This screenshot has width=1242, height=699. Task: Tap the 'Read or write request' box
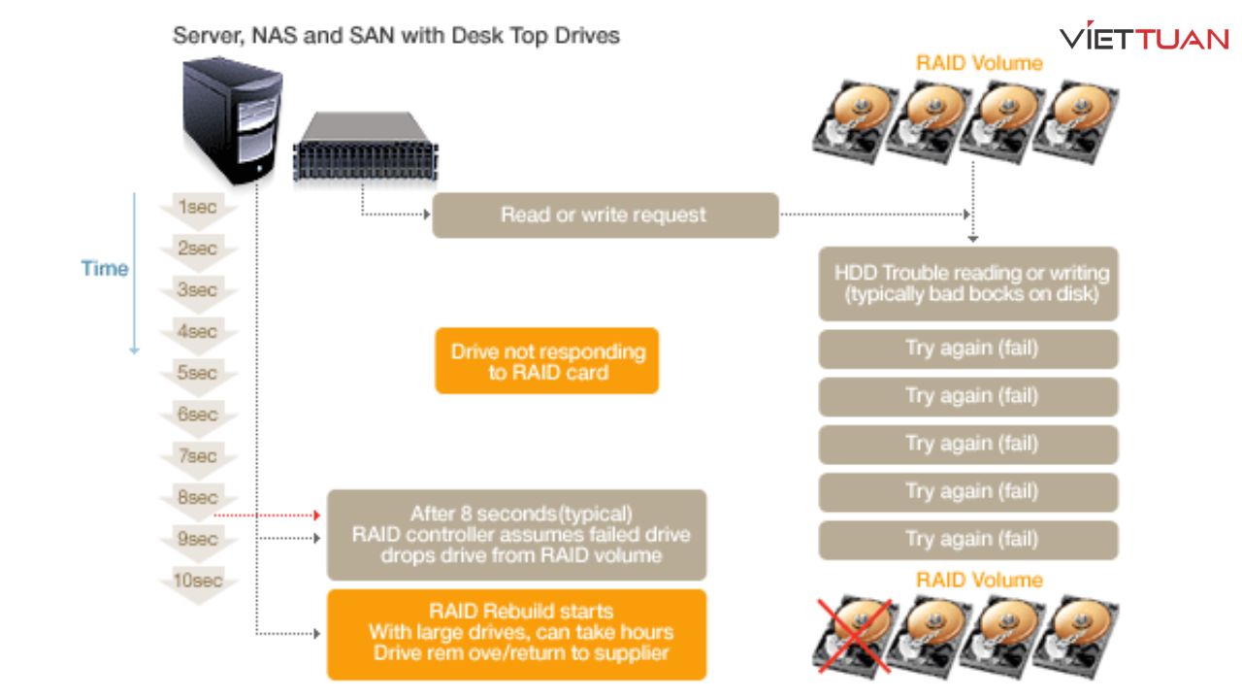605,215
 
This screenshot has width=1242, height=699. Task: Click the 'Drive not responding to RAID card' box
547,360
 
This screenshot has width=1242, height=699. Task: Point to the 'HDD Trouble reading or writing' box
968,283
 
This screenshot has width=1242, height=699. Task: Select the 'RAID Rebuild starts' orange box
517,633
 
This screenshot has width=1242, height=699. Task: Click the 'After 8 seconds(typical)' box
517,535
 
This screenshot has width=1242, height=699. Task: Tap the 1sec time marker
197,208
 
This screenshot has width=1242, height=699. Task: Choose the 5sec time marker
197,373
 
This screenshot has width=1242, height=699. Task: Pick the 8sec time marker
197,498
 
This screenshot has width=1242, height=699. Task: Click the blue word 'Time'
105,268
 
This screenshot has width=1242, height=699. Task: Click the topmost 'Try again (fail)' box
968,349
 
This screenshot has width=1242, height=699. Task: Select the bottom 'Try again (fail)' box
968,540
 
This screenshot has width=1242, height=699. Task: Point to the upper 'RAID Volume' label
979,63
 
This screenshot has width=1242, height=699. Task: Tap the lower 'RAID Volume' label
979,580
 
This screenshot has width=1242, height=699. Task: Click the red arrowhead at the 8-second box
315,515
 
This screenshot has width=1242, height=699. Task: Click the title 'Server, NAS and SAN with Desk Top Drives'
396,36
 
